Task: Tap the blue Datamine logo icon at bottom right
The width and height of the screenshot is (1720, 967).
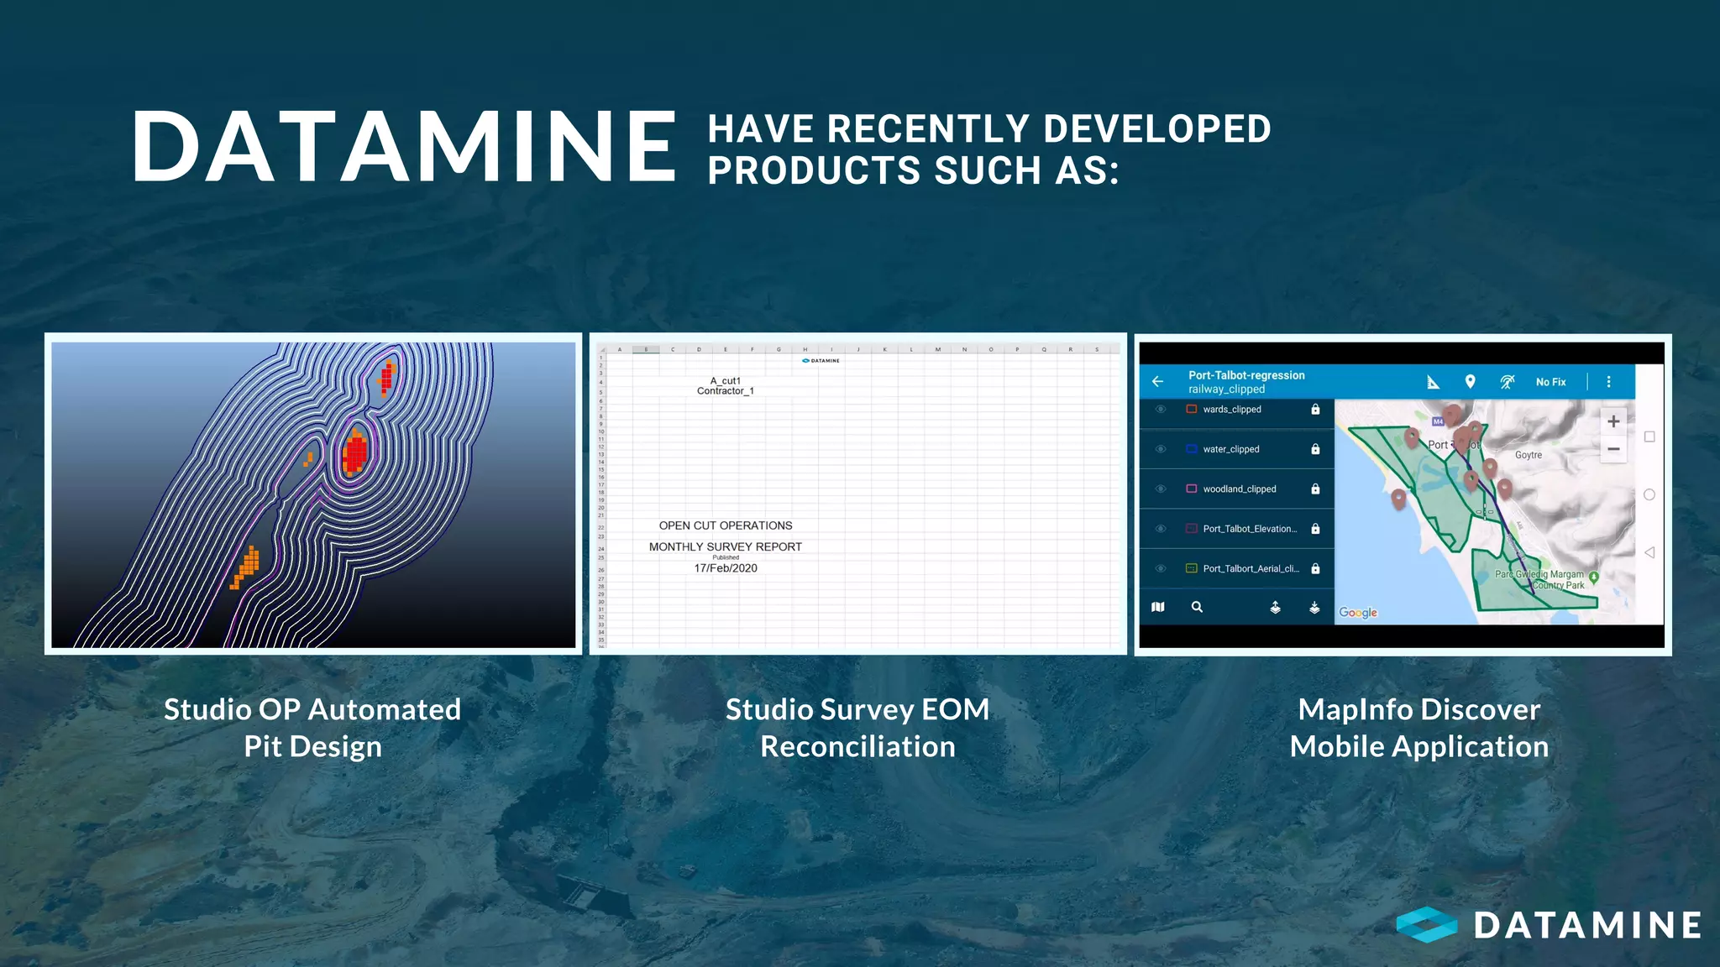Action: [1426, 925]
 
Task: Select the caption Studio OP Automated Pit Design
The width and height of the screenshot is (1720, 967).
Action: [312, 728]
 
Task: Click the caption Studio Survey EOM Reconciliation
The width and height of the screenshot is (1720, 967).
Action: [857, 728]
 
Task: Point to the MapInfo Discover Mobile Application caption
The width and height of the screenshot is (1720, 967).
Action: [1418, 728]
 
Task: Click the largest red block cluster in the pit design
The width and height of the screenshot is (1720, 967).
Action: [355, 453]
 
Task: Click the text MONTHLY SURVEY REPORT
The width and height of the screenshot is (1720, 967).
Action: [725, 546]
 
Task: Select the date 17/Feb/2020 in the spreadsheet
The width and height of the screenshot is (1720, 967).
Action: [726, 568]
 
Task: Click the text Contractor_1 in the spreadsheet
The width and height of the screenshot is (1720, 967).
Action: [725, 391]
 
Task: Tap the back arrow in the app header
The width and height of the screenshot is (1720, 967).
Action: [1158, 381]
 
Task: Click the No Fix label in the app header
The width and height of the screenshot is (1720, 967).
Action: [1550, 382]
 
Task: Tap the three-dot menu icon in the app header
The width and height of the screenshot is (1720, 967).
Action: [1608, 382]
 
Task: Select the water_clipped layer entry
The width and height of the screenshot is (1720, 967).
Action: [1230, 449]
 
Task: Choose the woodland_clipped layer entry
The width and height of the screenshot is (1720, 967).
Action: [1239, 489]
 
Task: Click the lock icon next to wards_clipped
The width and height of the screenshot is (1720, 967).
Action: [1315, 410]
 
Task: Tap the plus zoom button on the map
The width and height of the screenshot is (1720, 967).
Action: [1613, 421]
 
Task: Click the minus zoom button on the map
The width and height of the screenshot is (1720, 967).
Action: [1613, 449]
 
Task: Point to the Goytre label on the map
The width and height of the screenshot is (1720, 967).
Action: [1528, 455]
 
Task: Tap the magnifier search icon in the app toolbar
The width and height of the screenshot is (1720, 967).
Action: [1197, 607]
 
